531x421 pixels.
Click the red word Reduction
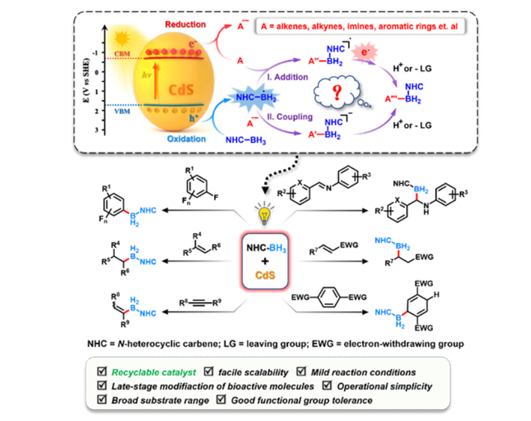pyautogui.click(x=184, y=25)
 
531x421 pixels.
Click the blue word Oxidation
pyautogui.click(x=184, y=138)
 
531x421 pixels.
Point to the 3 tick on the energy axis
pyautogui.click(x=97, y=130)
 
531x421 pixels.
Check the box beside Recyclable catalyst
pyautogui.click(x=102, y=372)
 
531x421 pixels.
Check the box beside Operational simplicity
pyautogui.click(x=327, y=386)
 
